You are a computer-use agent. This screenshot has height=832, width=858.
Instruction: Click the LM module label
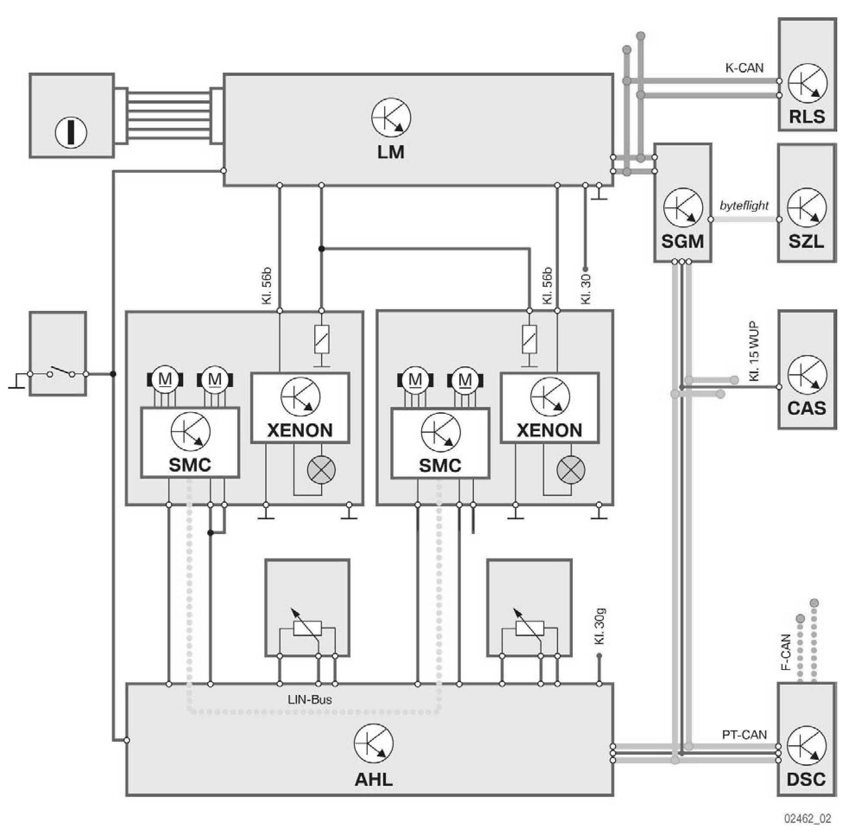click(x=391, y=152)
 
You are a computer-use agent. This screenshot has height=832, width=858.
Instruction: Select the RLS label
click(x=807, y=117)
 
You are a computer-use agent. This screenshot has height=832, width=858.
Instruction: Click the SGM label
click(x=682, y=241)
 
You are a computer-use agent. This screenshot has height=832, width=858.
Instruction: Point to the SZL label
click(x=806, y=241)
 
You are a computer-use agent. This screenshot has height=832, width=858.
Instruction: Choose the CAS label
click(x=807, y=408)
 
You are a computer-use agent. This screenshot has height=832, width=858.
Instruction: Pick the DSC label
click(x=806, y=779)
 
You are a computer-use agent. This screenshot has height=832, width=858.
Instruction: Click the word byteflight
click(x=744, y=205)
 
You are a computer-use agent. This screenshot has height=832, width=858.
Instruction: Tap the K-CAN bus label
click(x=744, y=68)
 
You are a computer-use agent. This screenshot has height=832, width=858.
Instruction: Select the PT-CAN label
click(x=744, y=735)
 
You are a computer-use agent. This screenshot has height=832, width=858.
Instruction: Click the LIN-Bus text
click(x=310, y=700)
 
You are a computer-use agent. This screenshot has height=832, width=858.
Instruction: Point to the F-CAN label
click(x=786, y=652)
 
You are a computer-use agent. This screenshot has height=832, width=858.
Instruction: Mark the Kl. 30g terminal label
click(x=599, y=626)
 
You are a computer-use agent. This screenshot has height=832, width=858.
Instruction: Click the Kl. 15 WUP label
click(x=754, y=352)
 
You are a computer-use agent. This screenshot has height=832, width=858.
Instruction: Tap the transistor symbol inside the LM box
click(x=391, y=118)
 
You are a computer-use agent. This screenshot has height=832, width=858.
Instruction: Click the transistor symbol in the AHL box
click(x=373, y=743)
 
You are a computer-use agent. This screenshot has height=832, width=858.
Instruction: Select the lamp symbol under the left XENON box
click(x=321, y=469)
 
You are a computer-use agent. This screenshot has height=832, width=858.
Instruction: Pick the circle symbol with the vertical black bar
click(x=70, y=132)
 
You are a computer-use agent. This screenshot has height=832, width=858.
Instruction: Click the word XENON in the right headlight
click(x=549, y=430)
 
